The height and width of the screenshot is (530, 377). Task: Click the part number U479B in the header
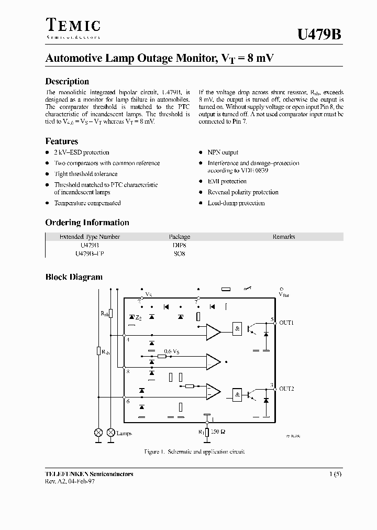tap(319, 35)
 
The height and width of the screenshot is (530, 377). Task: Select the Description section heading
tap(67, 81)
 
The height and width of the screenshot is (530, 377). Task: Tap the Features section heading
tap(62, 141)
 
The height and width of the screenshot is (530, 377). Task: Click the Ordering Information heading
tap(87, 222)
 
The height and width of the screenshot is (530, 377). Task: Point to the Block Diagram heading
tap(74, 277)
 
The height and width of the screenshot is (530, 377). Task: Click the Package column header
tap(180, 237)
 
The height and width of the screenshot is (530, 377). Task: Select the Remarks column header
tap(284, 237)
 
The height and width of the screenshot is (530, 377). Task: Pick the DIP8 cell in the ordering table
tap(180, 245)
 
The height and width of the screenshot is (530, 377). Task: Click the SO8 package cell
tap(180, 253)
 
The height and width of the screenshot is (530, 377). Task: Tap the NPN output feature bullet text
tap(223, 152)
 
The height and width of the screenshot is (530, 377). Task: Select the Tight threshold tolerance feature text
tap(86, 174)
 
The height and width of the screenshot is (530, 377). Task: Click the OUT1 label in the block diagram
tap(286, 323)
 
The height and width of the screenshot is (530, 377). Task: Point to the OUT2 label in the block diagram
tap(286, 389)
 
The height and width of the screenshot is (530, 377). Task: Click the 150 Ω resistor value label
tap(219, 432)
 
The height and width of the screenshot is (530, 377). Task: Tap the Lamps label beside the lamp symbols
tap(125, 434)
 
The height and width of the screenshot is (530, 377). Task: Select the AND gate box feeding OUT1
tap(238, 329)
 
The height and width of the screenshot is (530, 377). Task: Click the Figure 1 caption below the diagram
tap(194, 451)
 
